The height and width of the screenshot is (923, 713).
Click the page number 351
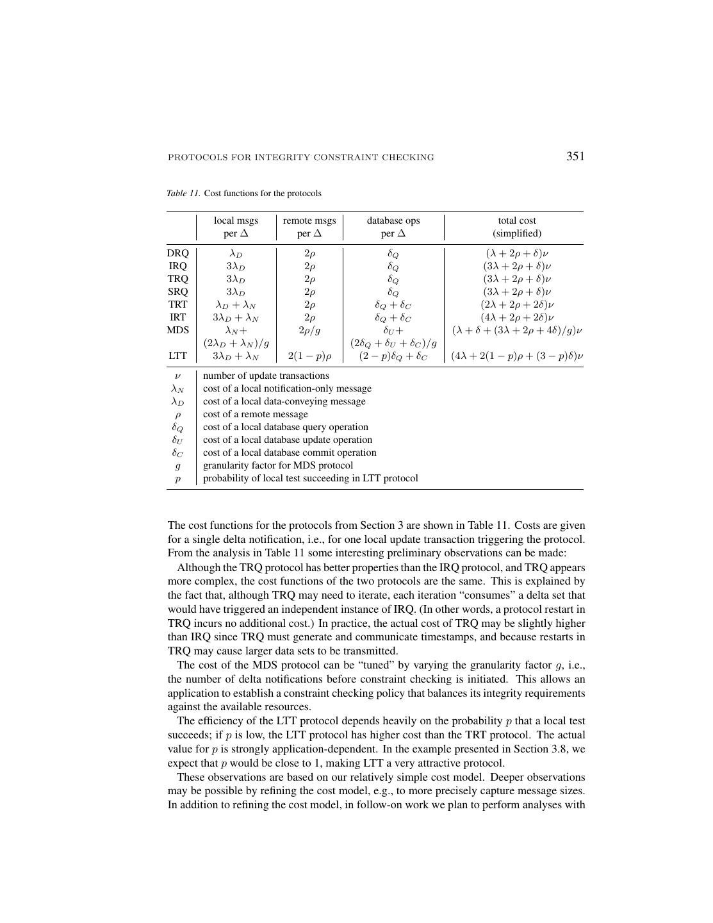[x=575, y=156]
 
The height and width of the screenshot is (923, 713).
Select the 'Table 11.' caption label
[x=184, y=194]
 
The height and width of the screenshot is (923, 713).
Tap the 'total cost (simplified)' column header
[x=517, y=227]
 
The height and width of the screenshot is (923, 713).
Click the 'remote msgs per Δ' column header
[x=309, y=227]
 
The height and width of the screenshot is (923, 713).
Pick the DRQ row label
[x=178, y=253]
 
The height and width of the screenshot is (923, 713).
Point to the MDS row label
[x=178, y=330]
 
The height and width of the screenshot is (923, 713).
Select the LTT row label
[x=178, y=356]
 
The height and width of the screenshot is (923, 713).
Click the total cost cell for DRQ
[x=517, y=253]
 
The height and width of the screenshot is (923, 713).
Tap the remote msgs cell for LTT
[x=309, y=356]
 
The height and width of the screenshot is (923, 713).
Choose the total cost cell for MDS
[x=517, y=330]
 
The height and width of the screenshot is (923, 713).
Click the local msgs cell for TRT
[x=236, y=304]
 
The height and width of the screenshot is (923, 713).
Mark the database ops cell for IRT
[x=393, y=317]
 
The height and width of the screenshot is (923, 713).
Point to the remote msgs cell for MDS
[x=309, y=330]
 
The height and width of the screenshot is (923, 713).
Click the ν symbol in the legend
[x=177, y=376]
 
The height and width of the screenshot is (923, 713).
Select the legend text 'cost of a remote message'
[x=255, y=414]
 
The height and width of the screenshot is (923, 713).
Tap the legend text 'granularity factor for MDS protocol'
[x=277, y=465]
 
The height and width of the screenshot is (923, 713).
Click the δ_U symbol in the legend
[x=177, y=440]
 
